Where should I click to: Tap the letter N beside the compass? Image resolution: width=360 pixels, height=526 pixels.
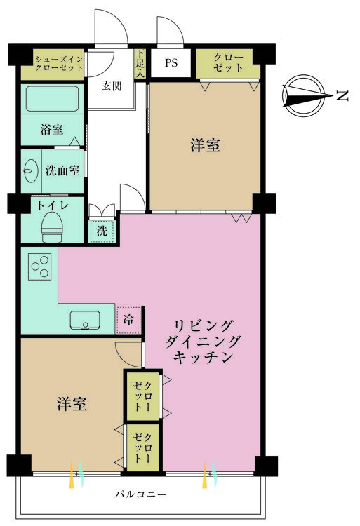(x=343, y=95)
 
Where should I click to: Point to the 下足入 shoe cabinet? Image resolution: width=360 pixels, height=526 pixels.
(x=140, y=63)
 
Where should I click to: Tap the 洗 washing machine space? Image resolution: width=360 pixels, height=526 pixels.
(x=102, y=230)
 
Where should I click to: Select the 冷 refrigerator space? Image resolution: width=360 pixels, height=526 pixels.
(x=128, y=319)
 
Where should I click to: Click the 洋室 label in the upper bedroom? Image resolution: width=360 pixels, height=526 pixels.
(x=205, y=145)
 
